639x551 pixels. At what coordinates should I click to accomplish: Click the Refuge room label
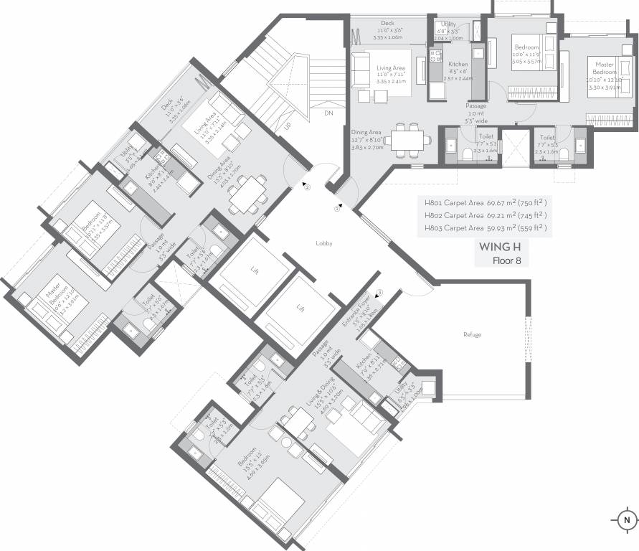point(472,335)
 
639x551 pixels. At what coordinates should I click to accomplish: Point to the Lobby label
point(324,244)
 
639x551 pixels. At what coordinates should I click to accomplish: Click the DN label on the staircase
point(328,113)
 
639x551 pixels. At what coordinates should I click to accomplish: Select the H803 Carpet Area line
point(486,228)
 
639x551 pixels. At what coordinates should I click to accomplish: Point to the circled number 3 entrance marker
point(379,292)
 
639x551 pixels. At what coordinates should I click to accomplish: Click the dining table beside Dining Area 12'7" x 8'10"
point(409,140)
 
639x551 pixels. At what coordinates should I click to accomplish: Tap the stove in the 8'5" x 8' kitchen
point(435,55)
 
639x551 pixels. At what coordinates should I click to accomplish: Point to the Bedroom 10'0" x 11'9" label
point(526,52)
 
